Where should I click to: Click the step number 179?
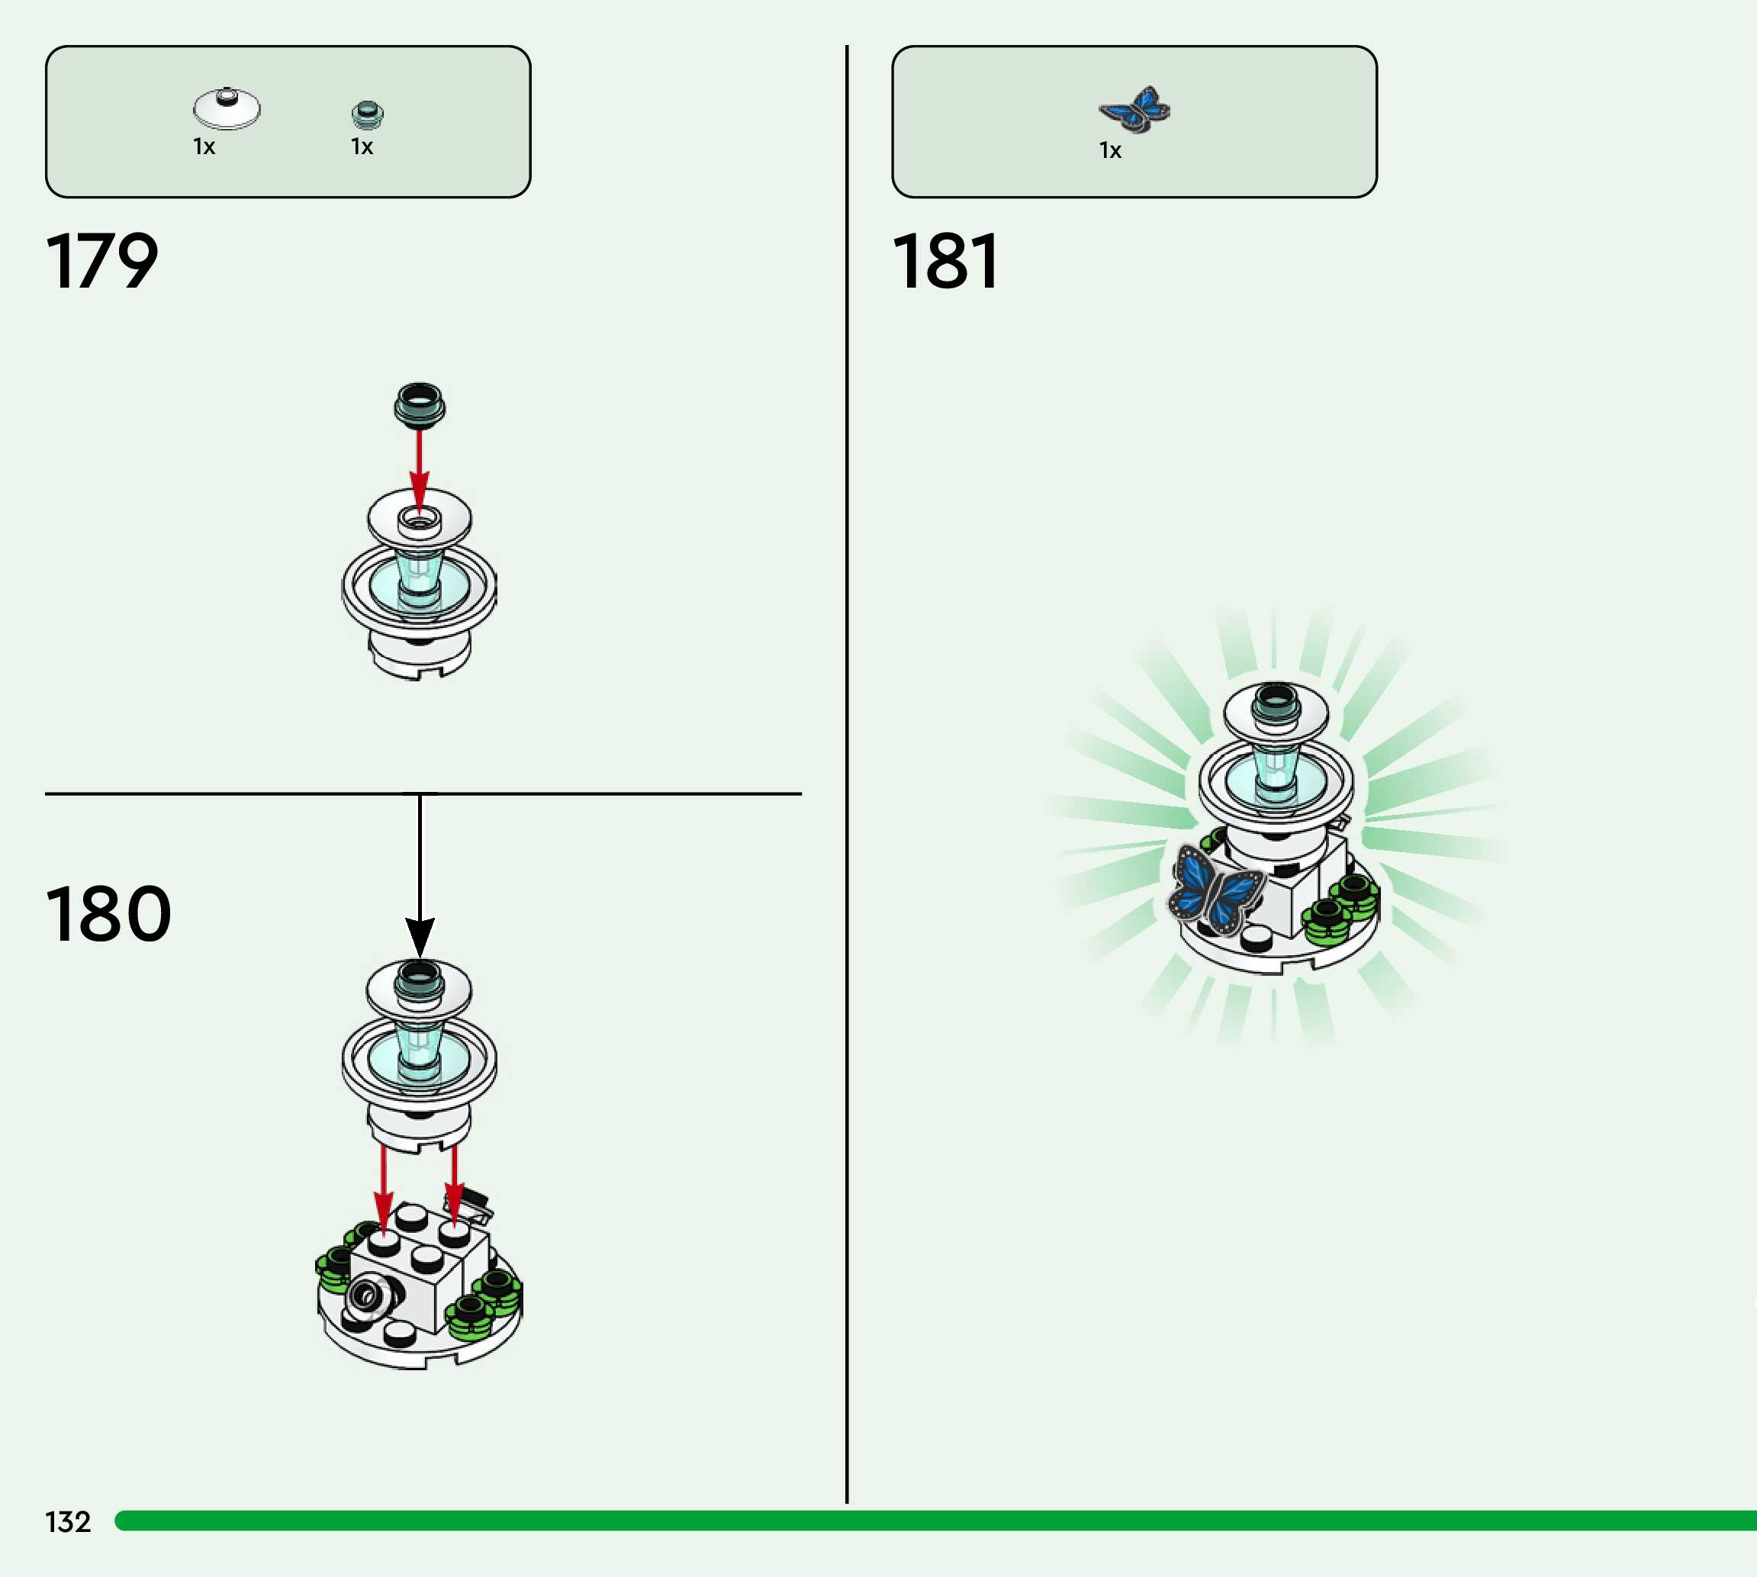[x=102, y=261]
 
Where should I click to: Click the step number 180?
[x=108, y=914]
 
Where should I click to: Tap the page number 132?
[x=68, y=1521]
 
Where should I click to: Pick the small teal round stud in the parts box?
[x=367, y=114]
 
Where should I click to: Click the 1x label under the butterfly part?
[x=1110, y=151]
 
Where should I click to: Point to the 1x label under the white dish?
[x=204, y=146]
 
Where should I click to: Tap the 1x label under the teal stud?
[x=362, y=146]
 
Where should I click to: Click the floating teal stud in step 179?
[x=420, y=404]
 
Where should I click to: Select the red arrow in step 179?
[x=420, y=468]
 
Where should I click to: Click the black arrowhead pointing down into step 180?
[x=420, y=936]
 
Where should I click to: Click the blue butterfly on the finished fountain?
[x=1215, y=893]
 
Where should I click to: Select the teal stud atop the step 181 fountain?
[x=1276, y=700]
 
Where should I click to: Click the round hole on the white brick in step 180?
[x=365, y=1295]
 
